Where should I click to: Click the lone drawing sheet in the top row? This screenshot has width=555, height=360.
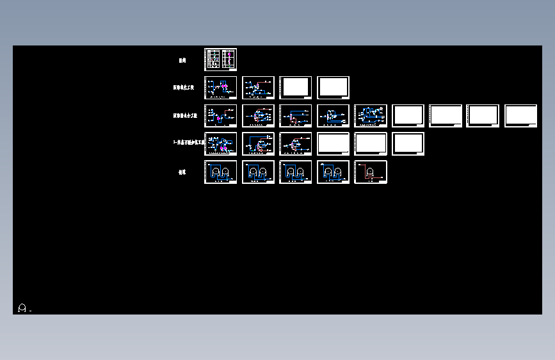pos(220,60)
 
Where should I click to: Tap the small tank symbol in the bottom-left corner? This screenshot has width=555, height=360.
pos(22,308)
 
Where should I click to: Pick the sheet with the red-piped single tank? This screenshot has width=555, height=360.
pos(371,172)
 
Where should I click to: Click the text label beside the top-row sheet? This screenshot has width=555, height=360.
pos(182,60)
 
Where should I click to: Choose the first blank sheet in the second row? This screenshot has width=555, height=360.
pos(296,88)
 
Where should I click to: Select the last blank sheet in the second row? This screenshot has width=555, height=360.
pos(334,88)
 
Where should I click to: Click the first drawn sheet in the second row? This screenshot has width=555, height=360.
pos(220,88)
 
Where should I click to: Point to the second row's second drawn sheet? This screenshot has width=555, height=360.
pos(258,88)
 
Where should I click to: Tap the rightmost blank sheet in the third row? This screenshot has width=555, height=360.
pos(520,116)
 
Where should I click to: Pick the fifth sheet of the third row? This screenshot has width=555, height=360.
pos(371,116)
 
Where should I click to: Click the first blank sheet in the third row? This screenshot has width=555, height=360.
pos(408,116)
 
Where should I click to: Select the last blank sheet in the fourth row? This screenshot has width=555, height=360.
pos(408,144)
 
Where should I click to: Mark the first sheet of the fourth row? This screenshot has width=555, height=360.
pos(220,144)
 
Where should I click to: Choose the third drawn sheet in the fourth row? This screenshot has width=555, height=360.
pos(296,144)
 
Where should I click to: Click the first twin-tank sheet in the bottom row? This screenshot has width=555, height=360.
pos(220,172)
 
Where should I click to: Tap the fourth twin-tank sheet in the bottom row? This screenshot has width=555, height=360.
pos(334,172)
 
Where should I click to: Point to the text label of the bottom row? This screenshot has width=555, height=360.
pos(182,172)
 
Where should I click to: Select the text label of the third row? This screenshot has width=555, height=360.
pos(186,116)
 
